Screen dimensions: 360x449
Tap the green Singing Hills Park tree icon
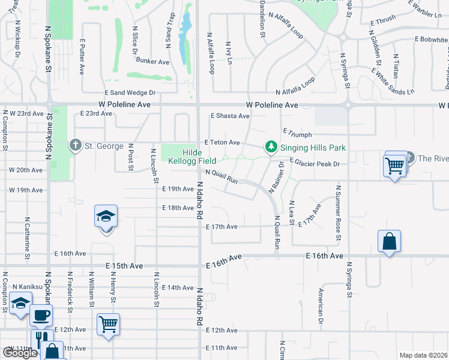pos(271,146)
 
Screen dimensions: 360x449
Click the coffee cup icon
pos(41,314)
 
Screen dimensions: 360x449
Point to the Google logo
pos(20,353)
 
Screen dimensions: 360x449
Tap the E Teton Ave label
pos(222,143)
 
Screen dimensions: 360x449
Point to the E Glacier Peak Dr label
pos(315,163)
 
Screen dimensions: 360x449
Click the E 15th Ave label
pos(125,266)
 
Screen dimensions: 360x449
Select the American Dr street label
pos(322,302)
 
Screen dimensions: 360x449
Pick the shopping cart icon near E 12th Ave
pos(108,325)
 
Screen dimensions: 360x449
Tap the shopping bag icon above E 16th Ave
pos(389,241)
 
